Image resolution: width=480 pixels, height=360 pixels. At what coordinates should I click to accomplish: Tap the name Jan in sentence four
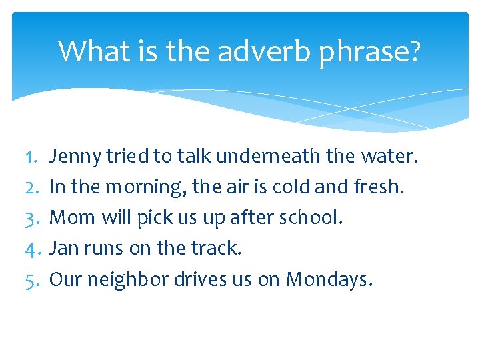click(64, 248)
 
